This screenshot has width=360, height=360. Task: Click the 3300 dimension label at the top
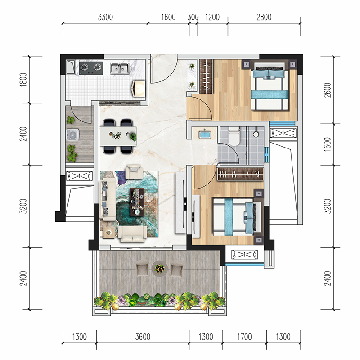[105, 17]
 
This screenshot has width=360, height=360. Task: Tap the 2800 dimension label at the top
[264, 17]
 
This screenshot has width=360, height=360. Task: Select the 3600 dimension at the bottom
[143, 337]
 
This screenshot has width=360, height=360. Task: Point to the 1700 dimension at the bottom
[244, 337]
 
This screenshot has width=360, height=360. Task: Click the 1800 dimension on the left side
[23, 80]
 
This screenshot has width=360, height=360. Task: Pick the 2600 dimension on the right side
[328, 90]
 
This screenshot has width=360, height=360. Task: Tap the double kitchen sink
[120, 68]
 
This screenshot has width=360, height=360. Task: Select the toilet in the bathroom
[234, 137]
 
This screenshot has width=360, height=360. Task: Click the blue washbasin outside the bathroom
[204, 134]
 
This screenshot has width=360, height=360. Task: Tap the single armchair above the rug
[134, 171]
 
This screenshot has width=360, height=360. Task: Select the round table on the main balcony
[160, 268]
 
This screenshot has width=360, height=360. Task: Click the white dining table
[118, 136]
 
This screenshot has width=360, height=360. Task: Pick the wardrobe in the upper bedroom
[207, 76]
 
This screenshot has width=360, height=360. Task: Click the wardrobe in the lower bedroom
[240, 174]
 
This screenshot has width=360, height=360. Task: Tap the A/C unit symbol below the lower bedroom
[244, 255]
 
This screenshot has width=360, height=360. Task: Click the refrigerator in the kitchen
[138, 88]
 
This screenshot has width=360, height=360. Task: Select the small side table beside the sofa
[108, 233]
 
